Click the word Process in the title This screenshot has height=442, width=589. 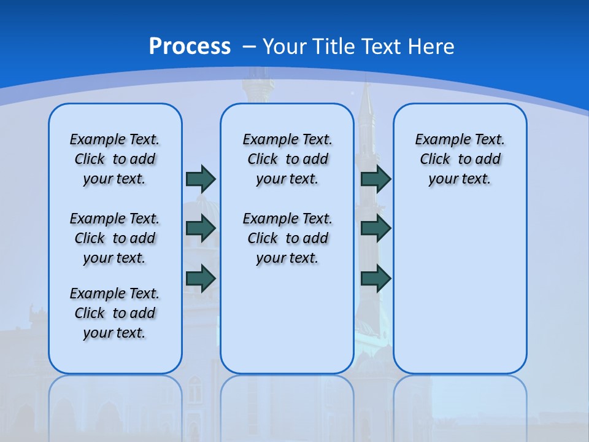click(190, 47)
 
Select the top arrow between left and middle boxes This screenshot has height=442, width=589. click(201, 179)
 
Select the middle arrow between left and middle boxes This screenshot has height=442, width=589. click(201, 228)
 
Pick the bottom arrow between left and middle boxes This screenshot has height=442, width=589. click(201, 278)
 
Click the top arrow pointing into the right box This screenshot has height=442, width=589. click(375, 179)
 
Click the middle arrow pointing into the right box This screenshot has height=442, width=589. click(375, 228)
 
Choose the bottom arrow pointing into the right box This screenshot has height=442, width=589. click(375, 278)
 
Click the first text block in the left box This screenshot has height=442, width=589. click(115, 159)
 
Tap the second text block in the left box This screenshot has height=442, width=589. click(115, 238)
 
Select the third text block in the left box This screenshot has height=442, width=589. click(115, 313)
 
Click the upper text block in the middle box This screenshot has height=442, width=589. click(287, 159)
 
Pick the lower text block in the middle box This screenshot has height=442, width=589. click(287, 238)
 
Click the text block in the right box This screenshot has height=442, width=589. click(460, 159)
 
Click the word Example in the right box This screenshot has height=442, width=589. click(437, 140)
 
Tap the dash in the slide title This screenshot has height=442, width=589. click(250, 47)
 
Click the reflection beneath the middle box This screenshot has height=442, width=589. click(287, 405)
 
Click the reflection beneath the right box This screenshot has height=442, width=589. click(460, 405)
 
